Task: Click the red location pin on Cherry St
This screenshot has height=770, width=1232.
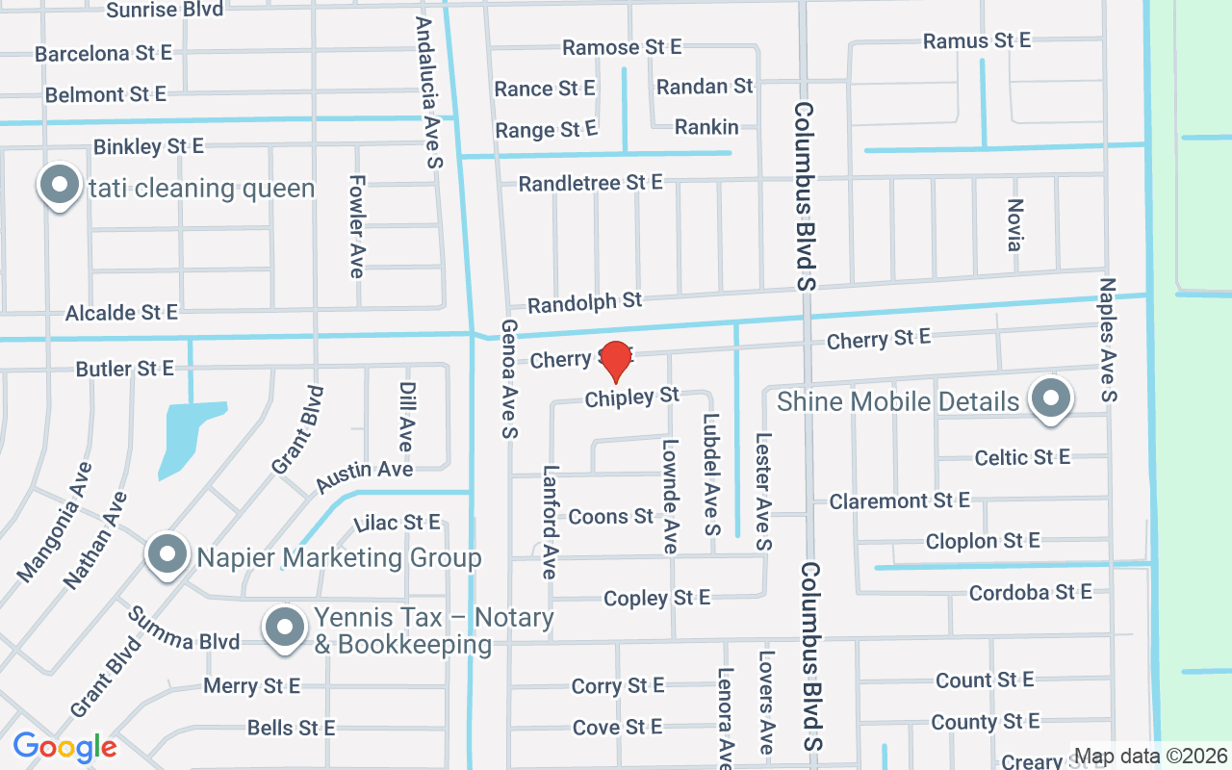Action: pos(615,360)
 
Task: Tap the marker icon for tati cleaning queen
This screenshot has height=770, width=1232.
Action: pos(59,185)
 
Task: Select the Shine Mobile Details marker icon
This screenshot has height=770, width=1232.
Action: pos(1050,398)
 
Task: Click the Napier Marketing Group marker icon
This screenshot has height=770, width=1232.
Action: pos(167,555)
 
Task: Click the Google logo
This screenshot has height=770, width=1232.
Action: pos(64,747)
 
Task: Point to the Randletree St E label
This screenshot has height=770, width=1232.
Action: pos(590,182)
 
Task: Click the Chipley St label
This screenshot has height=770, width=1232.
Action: pos(632,397)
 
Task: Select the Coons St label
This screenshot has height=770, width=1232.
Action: pos(611,517)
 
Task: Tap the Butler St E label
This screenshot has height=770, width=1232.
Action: pos(125,369)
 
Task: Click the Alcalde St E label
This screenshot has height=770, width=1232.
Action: pos(121,313)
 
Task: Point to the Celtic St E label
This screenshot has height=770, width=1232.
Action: pos(1022,457)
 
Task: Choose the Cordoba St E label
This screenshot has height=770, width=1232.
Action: pos(1030,592)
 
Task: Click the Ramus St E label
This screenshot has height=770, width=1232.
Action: pos(976,40)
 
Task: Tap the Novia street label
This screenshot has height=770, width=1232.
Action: pos(1014,225)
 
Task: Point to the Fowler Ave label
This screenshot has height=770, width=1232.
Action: pos(356,226)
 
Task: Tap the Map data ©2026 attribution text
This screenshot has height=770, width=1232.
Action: pos(1150,756)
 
